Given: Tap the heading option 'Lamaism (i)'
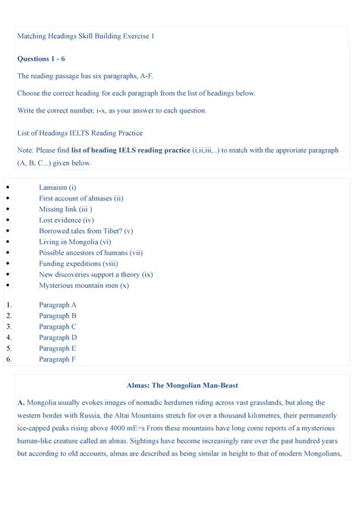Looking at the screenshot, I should [x=58, y=186].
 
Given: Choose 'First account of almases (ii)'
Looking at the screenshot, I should [x=81, y=198].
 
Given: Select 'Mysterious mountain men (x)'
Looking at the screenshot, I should [x=84, y=286].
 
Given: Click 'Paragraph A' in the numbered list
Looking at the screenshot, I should [x=58, y=304].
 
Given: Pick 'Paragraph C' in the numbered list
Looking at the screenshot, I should [x=58, y=326].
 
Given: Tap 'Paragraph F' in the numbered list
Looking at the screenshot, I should [x=58, y=359].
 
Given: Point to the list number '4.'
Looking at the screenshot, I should [x=9, y=337].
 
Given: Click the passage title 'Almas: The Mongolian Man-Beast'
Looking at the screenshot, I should [x=179, y=386].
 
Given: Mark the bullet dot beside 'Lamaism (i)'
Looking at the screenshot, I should [x=8, y=186].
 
